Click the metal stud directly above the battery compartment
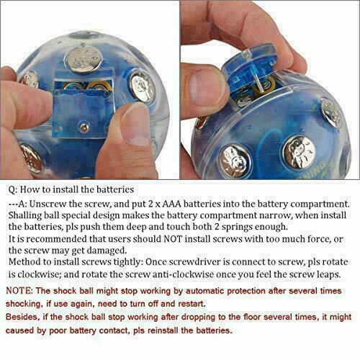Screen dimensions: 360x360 click(x=80, y=60)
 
